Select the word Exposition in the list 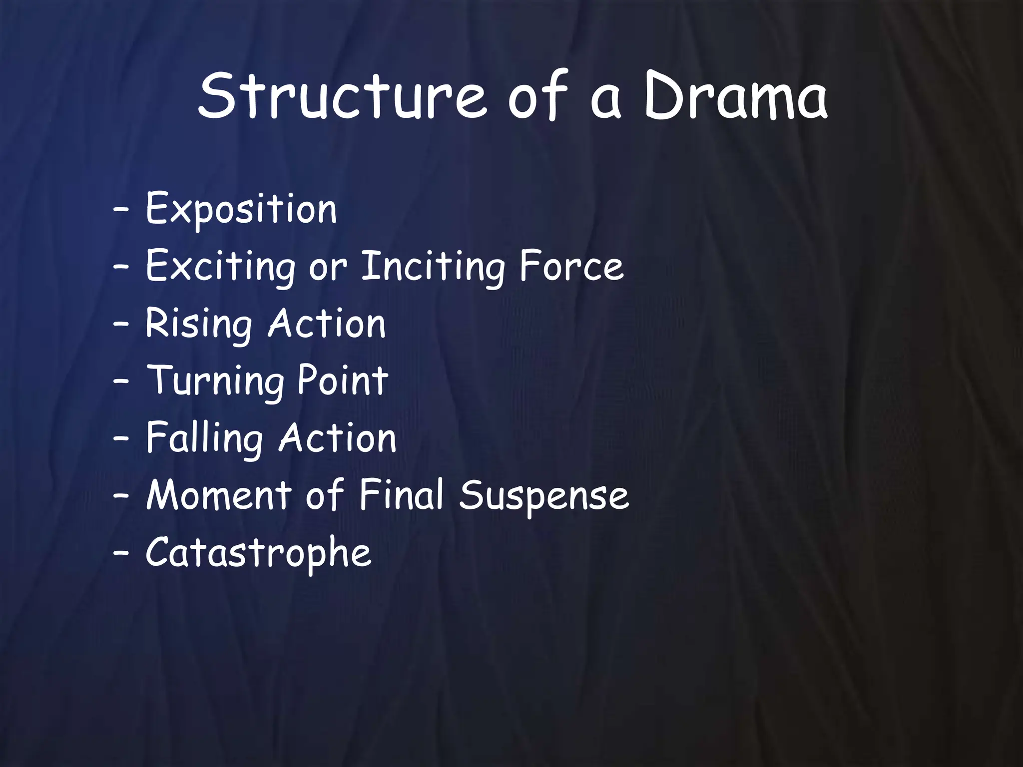241,209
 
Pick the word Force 571,266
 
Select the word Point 343,381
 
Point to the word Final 401,495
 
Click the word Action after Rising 327,323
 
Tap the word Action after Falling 338,438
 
